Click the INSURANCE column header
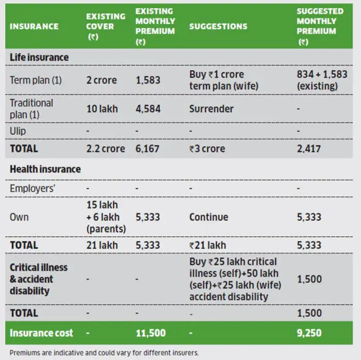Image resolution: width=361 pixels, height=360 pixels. pyautogui.click(x=34, y=26)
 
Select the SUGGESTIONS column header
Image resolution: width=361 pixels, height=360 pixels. pyautogui.click(x=218, y=26)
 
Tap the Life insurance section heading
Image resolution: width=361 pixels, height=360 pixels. pyautogui.click(x=39, y=57)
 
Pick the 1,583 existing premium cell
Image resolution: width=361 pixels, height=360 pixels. pyautogui.click(x=147, y=80)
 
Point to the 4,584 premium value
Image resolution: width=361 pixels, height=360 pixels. pyautogui.click(x=147, y=109)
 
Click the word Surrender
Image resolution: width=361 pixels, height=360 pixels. pyautogui.click(x=211, y=109)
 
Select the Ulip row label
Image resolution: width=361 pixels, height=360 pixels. pyautogui.click(x=18, y=131)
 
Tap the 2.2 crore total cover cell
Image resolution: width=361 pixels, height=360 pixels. pyautogui.click(x=105, y=149)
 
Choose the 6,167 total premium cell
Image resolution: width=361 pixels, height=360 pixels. pyautogui.click(x=147, y=149)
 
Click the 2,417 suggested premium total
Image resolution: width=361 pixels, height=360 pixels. pyautogui.click(x=309, y=149)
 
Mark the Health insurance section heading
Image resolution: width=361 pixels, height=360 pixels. pyautogui.click(x=45, y=169)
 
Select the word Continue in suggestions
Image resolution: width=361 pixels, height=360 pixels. pyautogui.click(x=208, y=217)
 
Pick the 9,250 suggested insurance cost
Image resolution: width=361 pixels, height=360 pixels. pyautogui.click(x=309, y=333)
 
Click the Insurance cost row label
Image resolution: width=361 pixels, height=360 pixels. pyautogui.click(x=41, y=333)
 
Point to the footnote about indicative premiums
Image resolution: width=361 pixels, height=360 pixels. pyautogui.click(x=103, y=353)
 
